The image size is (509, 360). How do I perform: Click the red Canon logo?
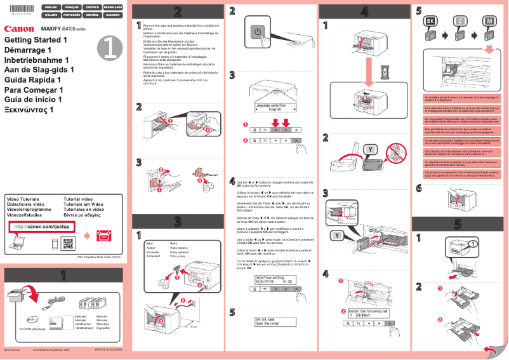(19, 29)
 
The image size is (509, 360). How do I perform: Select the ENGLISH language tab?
(51, 6)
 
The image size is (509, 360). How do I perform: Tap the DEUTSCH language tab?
(92, 6)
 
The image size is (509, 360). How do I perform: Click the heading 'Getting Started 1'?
(36, 40)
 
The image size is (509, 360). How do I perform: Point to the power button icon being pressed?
(257, 31)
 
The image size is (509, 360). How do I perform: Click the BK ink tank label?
(430, 21)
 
